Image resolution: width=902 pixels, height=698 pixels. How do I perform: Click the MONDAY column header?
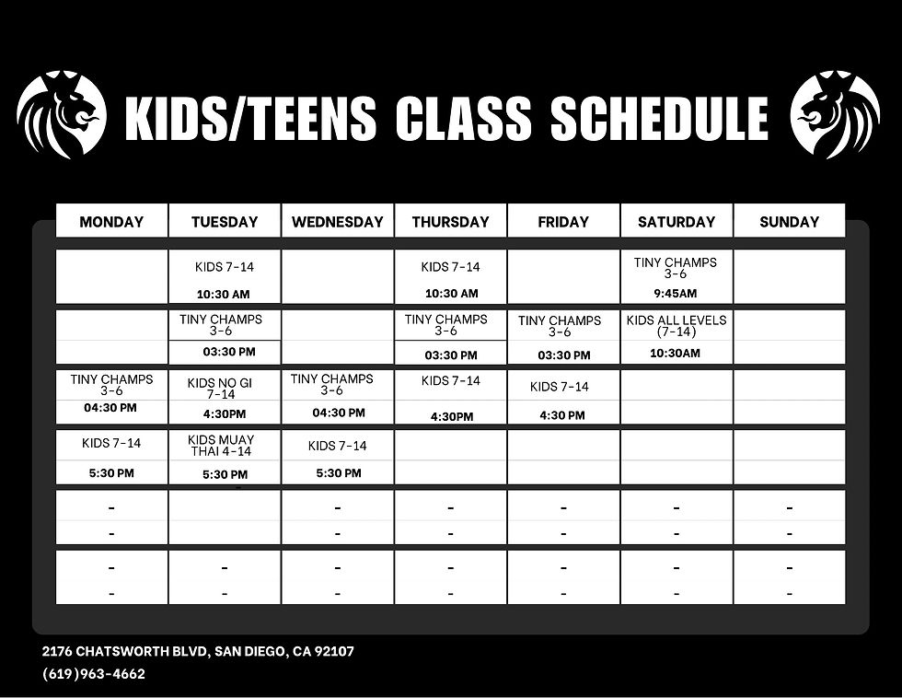[x=111, y=222]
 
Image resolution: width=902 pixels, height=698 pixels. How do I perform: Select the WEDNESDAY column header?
[x=337, y=222]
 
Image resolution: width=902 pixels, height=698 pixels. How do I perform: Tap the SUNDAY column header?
[x=789, y=222]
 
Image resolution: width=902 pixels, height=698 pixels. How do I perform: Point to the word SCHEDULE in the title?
[x=659, y=120]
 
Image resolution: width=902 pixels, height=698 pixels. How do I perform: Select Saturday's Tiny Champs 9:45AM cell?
[x=676, y=276]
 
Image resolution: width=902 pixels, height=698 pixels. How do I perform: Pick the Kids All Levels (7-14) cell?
[x=676, y=326]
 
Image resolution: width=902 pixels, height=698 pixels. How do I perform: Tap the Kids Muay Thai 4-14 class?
[x=225, y=446]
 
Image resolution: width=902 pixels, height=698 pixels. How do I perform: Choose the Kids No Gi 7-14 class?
[x=225, y=388]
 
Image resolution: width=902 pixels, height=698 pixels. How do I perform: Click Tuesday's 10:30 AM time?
[x=224, y=295]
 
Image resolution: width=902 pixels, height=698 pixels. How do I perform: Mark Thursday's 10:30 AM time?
[x=450, y=294]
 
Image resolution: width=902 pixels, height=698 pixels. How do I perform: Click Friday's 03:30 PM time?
[x=563, y=355]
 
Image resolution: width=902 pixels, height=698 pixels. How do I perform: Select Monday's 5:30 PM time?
[x=111, y=473]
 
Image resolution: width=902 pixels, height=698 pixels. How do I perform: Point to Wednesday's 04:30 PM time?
[x=338, y=413]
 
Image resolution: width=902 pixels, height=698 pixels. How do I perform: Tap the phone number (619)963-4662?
[x=94, y=674]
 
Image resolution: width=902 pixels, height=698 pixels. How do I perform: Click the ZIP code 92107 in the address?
[x=335, y=652]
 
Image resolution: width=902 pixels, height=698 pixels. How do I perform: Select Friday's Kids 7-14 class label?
[x=560, y=387]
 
